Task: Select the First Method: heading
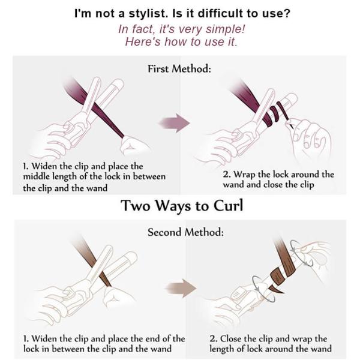179,68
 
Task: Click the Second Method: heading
185,232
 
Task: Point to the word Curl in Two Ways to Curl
228,205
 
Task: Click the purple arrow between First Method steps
175,123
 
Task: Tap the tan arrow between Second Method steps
181,288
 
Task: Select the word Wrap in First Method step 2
244,175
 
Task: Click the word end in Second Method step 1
152,339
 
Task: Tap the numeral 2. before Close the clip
213,339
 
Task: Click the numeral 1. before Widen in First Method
26,166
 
